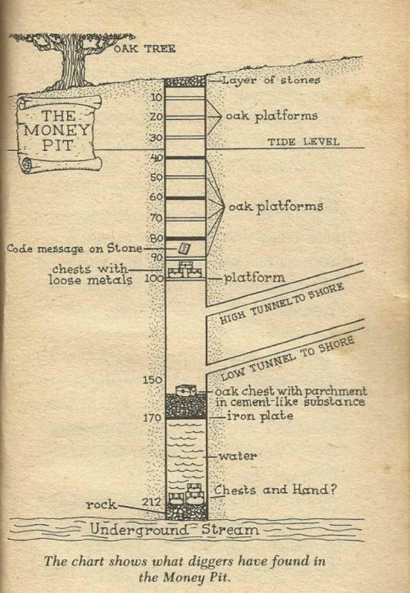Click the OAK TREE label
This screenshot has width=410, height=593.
[144, 49]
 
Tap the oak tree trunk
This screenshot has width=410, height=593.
[71, 64]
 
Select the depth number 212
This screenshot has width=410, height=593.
[151, 502]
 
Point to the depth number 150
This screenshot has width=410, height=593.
[153, 380]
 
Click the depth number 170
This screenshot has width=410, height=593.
[153, 417]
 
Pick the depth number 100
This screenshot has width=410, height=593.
[153, 279]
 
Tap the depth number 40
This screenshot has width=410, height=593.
[156, 157]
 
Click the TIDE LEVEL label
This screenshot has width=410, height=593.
[303, 142]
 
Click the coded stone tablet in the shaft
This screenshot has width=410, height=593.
[184, 248]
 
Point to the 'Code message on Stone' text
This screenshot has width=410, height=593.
[75, 248]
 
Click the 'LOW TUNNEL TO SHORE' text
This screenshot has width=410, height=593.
[288, 359]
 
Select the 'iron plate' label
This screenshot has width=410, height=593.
[260, 416]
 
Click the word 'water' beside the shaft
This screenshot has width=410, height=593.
[238, 456]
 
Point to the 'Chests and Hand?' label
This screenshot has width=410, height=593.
[276, 490]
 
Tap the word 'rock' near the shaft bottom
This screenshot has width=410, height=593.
[102, 505]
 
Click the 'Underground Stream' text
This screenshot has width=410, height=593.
[174, 529]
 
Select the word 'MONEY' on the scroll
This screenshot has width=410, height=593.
[56, 131]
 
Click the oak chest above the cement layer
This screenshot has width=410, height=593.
[186, 390]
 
